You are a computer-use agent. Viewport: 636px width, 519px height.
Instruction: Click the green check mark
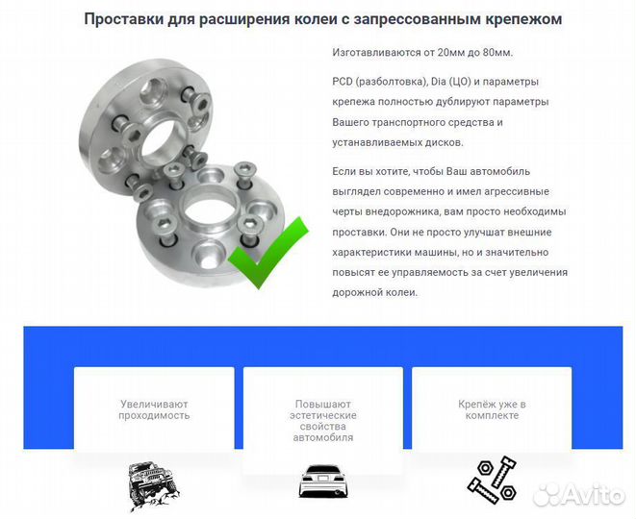[271, 253]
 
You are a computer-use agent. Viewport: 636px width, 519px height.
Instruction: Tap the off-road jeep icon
[153, 486]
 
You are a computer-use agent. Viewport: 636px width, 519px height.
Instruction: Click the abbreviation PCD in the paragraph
[344, 82]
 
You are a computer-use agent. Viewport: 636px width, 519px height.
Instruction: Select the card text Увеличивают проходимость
[154, 410]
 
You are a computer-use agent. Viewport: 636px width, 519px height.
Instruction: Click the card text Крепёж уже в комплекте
[492, 410]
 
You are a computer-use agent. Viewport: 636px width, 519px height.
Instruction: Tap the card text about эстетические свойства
[322, 421]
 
